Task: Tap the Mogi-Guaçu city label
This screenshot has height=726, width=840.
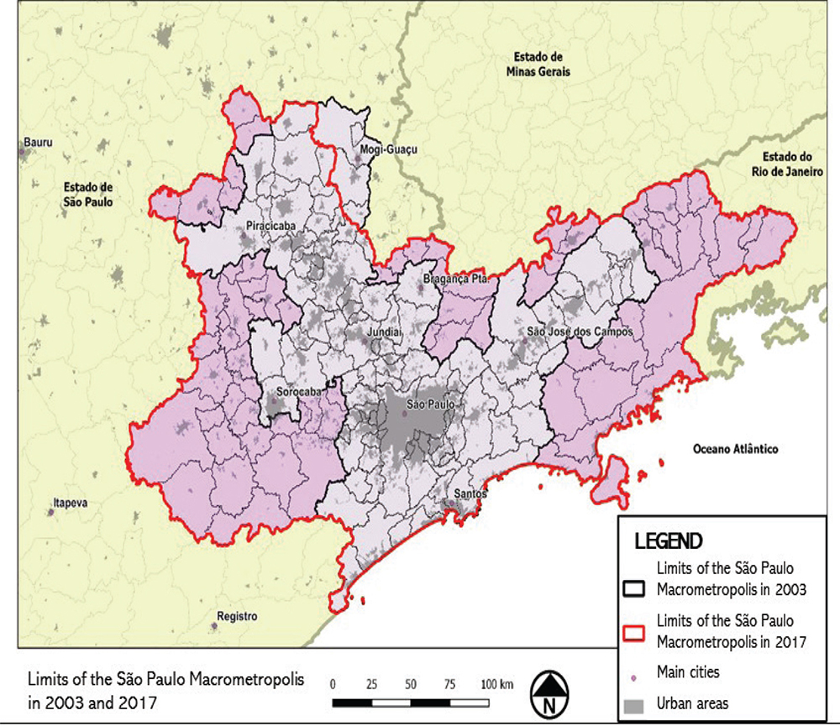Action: (388, 150)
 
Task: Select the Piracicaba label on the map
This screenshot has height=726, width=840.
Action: (270, 227)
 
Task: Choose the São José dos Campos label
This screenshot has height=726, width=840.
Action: (579, 332)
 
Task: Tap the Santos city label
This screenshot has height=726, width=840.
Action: (470, 494)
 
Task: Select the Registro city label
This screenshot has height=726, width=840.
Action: (236, 616)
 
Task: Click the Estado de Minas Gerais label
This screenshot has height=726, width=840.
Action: (538, 65)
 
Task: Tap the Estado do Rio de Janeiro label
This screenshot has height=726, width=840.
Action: (785, 164)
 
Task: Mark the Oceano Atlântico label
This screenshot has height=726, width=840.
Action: (735, 450)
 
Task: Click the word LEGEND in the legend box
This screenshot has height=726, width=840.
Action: (669, 541)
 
